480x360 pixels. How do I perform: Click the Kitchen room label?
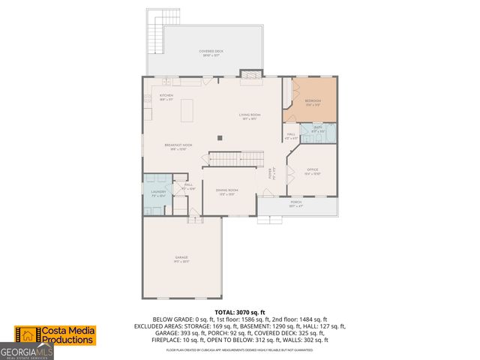[166, 97]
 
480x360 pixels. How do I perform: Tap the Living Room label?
[248, 115]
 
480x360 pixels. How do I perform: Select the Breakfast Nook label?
[176, 146]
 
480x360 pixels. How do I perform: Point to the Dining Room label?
[227, 192]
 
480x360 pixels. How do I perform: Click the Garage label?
[181, 259]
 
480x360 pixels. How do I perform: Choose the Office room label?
[312, 171]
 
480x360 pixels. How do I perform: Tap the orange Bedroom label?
[312, 102]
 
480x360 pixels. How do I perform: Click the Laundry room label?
[157, 193]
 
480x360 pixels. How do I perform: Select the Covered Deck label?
[211, 52]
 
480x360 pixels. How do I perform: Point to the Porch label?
[296, 203]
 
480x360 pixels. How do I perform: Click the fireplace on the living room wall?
[248, 74]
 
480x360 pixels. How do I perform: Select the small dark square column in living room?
[219, 137]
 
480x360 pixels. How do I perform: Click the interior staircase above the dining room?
[236, 158]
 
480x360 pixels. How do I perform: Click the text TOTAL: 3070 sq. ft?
[240, 311]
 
